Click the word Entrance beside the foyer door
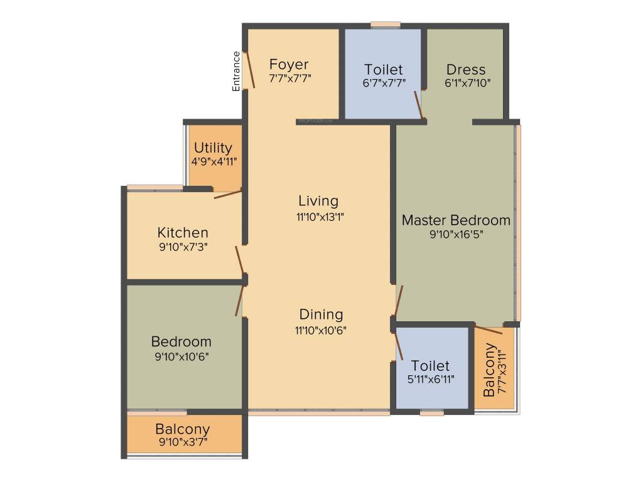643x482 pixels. point(237,71)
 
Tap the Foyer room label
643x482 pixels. point(289,65)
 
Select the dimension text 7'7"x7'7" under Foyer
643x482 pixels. point(289,78)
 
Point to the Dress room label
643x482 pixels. point(466,69)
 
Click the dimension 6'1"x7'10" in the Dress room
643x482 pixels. point(467,82)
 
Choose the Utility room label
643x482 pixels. point(213,148)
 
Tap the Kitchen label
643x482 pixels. point(183,233)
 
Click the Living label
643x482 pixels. point(318,201)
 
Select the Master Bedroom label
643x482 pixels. point(456,220)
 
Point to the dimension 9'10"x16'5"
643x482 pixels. point(456,234)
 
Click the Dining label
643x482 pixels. point(321,314)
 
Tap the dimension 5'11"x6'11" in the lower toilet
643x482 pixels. point(431,379)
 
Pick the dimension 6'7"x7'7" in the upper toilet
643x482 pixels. point(384,82)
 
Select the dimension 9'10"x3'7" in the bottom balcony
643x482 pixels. point(183,442)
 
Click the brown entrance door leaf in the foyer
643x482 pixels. point(250,69)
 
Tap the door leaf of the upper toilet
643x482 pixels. point(418,104)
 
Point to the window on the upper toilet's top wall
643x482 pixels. point(385,25)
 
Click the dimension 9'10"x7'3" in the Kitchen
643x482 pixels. point(183,247)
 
